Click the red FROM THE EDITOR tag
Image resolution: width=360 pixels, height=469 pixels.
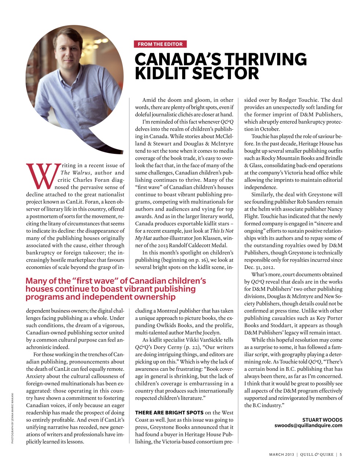click(160, 44)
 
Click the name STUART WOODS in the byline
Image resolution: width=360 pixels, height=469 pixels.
click(322, 420)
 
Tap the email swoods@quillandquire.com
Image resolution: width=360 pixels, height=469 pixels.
click(308, 425)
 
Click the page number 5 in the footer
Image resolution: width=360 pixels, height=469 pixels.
click(341, 455)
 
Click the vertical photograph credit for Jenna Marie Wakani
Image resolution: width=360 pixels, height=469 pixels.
click(13, 418)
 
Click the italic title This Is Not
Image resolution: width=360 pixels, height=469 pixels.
click(221, 231)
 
